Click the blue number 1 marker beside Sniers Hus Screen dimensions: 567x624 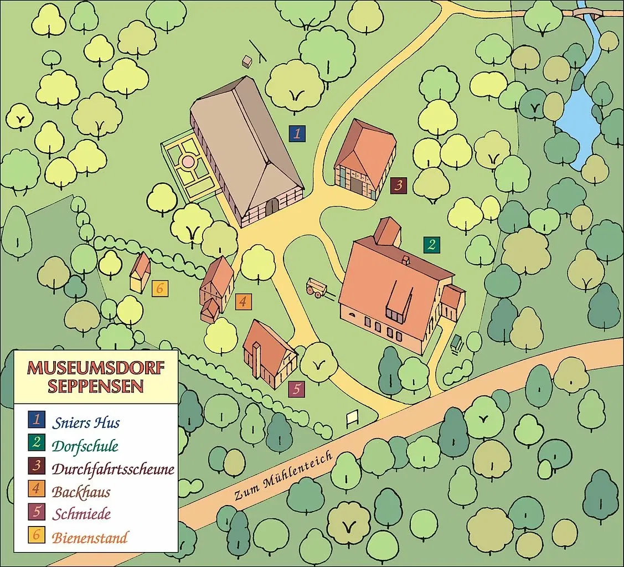point(297,133)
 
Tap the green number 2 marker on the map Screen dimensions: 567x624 point(431,244)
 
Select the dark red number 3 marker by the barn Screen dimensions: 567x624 point(398,185)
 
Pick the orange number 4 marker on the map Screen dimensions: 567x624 point(243,302)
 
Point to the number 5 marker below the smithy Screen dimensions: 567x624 point(297,389)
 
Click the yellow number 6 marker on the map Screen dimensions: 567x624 point(159,288)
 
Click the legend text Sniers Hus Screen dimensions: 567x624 point(86,423)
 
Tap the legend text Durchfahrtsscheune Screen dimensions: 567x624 point(113,469)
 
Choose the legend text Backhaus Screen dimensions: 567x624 point(81,492)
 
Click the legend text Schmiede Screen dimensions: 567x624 point(81,514)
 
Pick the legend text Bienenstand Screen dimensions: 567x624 point(90,537)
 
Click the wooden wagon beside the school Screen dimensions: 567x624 point(317,288)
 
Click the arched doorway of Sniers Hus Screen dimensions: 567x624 point(272,207)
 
